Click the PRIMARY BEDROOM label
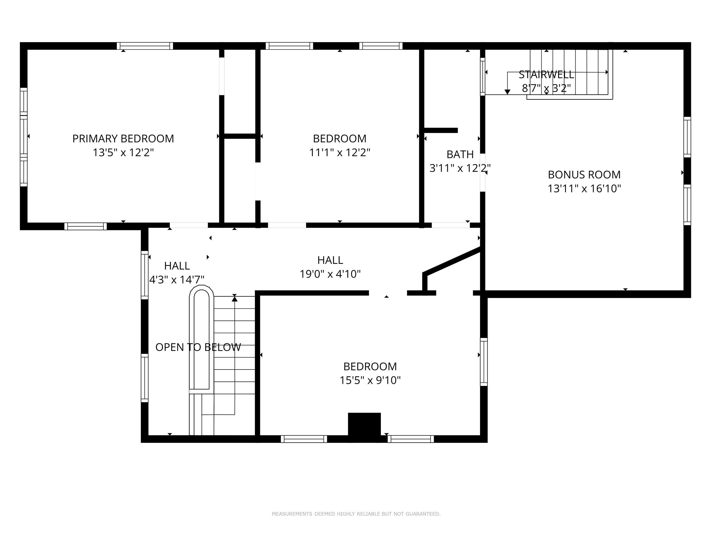click(x=123, y=138)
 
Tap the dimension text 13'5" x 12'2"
click(x=123, y=152)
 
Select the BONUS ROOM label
click(x=584, y=174)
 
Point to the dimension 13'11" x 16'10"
click(x=584, y=188)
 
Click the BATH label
click(x=460, y=155)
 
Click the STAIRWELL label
click(x=546, y=74)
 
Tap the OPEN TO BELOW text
click(x=198, y=347)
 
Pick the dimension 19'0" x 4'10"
click(x=330, y=274)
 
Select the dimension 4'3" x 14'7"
click(x=177, y=280)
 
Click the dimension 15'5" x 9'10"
click(x=370, y=380)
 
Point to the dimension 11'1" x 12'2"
click(x=339, y=152)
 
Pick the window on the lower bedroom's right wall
click(x=484, y=362)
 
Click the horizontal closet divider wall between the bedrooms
click(x=240, y=136)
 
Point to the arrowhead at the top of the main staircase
click(x=235, y=299)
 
